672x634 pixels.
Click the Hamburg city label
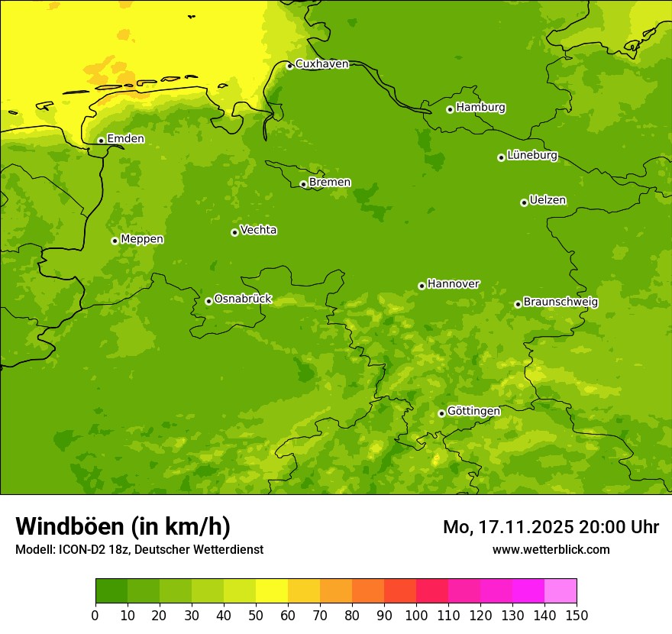(x=480, y=108)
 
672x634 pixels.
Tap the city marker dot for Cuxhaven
(x=289, y=66)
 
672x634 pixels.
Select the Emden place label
(x=125, y=139)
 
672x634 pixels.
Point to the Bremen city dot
(x=303, y=184)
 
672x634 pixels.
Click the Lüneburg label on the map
(x=531, y=155)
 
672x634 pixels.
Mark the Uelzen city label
(x=548, y=200)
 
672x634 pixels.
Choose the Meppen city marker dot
(x=115, y=241)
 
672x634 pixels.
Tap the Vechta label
(x=258, y=230)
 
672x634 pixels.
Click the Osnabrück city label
(x=243, y=299)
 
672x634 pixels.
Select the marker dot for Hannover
(x=422, y=286)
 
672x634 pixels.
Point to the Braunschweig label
(x=561, y=302)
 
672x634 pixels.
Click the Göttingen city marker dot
(x=441, y=413)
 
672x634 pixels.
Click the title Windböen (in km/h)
(x=123, y=526)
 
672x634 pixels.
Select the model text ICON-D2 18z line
(x=139, y=550)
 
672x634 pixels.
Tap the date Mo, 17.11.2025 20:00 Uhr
(x=551, y=527)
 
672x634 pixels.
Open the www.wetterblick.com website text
(x=551, y=550)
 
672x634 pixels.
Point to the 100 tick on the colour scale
(x=416, y=615)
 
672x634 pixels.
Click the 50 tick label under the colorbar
(x=256, y=615)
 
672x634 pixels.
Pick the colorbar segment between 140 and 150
(x=561, y=591)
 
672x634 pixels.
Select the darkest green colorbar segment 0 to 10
(x=111, y=591)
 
